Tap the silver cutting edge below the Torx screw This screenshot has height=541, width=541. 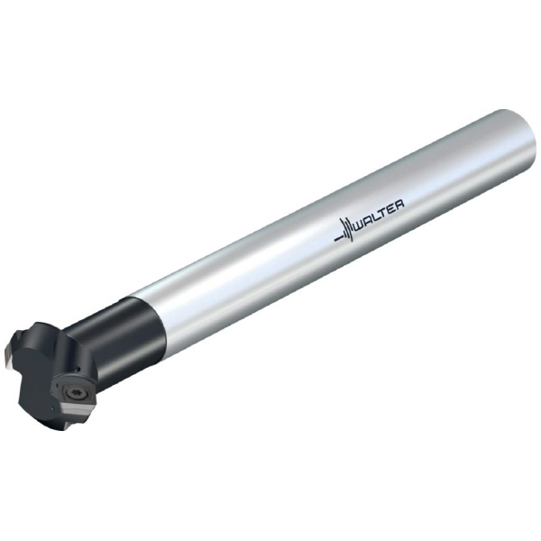pos(77,409)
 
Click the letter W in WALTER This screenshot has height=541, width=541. pos(359,225)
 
